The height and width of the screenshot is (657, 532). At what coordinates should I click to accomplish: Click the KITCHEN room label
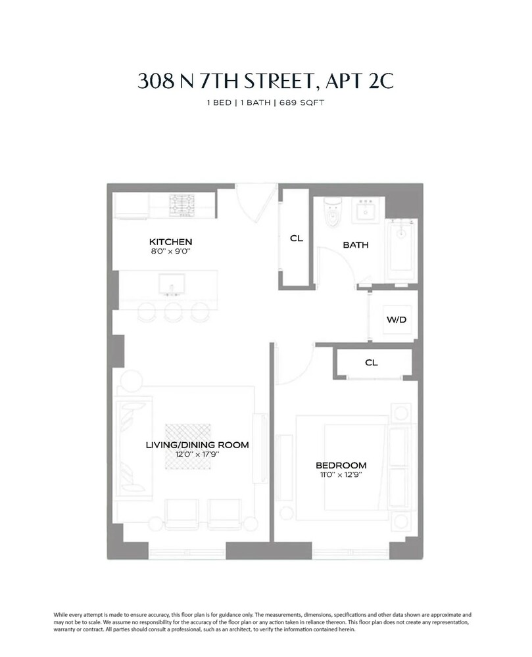click(170, 242)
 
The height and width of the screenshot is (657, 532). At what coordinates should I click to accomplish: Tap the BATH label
click(355, 245)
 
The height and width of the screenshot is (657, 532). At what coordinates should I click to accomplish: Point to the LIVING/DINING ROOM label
click(197, 445)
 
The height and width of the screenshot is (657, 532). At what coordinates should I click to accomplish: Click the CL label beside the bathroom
click(296, 238)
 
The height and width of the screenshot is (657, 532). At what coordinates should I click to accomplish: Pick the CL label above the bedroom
click(371, 363)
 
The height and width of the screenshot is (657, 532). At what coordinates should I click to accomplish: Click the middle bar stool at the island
click(173, 313)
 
